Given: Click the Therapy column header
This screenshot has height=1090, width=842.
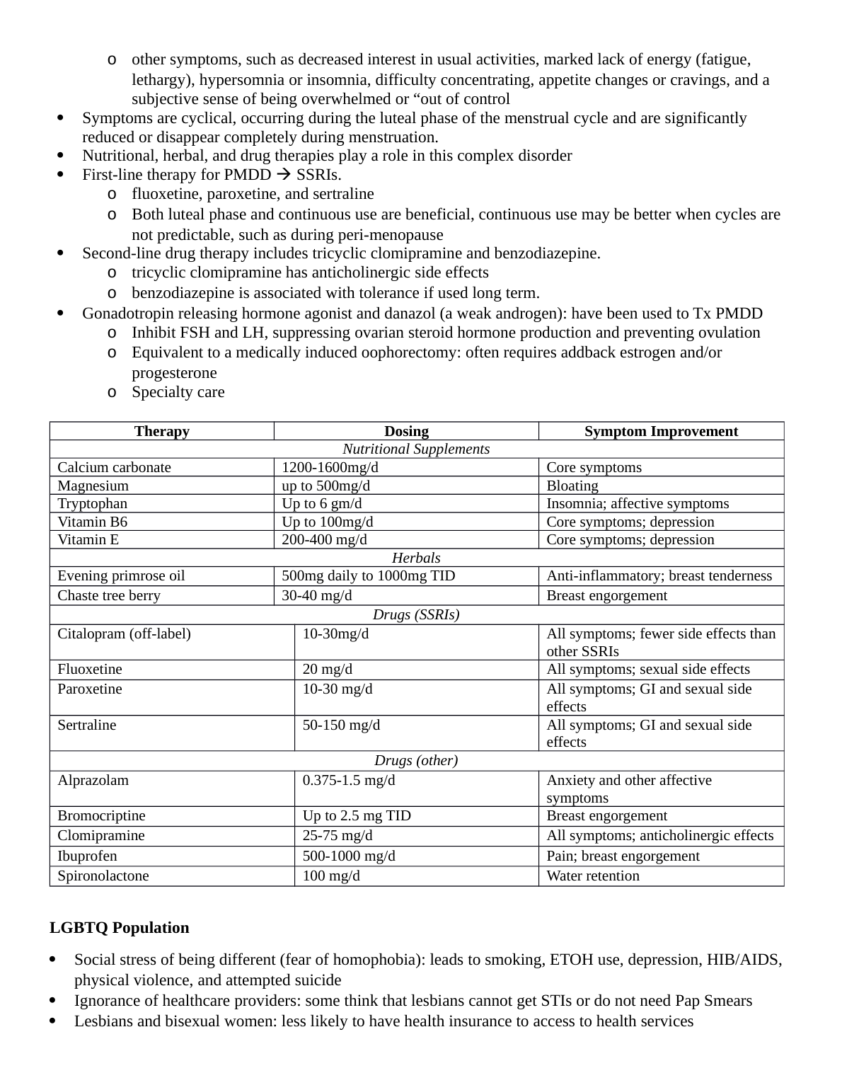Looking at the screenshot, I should [x=161, y=431].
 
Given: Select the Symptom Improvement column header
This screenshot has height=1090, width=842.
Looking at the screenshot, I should [x=661, y=431].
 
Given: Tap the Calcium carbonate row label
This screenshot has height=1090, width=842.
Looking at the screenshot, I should [x=114, y=467].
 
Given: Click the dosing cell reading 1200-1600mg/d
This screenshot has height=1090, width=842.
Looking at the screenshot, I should [x=325, y=467].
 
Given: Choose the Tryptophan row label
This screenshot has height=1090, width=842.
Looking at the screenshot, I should [x=93, y=503].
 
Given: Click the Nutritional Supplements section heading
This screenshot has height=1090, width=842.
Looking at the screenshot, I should [x=416, y=449].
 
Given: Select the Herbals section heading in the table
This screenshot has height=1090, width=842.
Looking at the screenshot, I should [x=416, y=558].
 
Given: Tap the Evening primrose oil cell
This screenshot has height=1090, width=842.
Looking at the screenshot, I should [x=121, y=575].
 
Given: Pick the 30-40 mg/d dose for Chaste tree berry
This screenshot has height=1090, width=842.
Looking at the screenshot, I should [x=317, y=595].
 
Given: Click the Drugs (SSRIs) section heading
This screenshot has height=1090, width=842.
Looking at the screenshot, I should [x=416, y=614].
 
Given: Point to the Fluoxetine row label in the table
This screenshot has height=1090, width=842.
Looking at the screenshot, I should [x=90, y=669].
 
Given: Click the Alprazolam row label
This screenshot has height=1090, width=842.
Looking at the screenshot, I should [x=93, y=780].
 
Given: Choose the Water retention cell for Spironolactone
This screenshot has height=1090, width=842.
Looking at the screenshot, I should [x=593, y=876].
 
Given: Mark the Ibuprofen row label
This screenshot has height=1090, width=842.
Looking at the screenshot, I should [x=87, y=856].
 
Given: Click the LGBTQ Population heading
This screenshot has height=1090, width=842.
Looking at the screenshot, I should [x=120, y=927].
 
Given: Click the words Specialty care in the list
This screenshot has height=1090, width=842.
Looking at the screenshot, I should [x=178, y=391].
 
